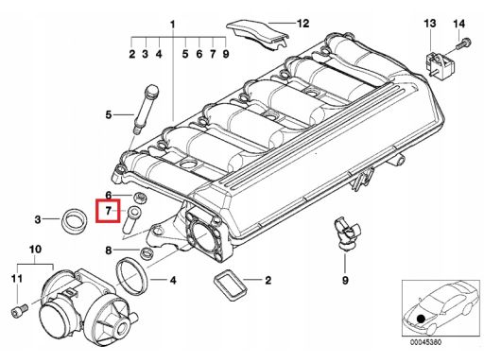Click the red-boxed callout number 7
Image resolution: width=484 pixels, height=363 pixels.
pyautogui.click(x=108, y=211)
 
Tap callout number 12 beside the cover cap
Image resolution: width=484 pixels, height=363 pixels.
pyautogui.click(x=302, y=24)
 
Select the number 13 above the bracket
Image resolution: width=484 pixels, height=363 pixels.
pyautogui.click(x=430, y=24)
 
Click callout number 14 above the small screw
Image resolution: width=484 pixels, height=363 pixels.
pyautogui.click(x=459, y=24)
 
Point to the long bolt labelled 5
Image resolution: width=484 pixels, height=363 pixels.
pyautogui.click(x=147, y=109)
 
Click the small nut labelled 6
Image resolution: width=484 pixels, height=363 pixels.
pyautogui.click(x=138, y=198)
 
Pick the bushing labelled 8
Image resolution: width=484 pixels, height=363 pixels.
pyautogui.click(x=147, y=253)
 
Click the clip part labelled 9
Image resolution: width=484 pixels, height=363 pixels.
pyautogui.click(x=346, y=233)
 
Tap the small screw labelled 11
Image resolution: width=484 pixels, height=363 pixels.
pyautogui.click(x=20, y=311)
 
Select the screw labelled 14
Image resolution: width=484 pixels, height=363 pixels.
pyautogui.click(x=463, y=43)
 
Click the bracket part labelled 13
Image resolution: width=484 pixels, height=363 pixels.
pyautogui.click(x=440, y=64)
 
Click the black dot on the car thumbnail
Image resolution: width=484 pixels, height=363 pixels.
pyautogui.click(x=420, y=319)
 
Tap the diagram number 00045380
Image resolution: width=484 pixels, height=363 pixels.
pyautogui.click(x=425, y=342)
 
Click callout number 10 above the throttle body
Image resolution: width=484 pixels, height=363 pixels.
pyautogui.click(x=35, y=250)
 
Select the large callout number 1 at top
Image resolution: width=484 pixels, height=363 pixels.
pyautogui.click(x=172, y=24)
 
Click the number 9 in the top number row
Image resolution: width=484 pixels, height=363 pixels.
pyautogui.click(x=226, y=54)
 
